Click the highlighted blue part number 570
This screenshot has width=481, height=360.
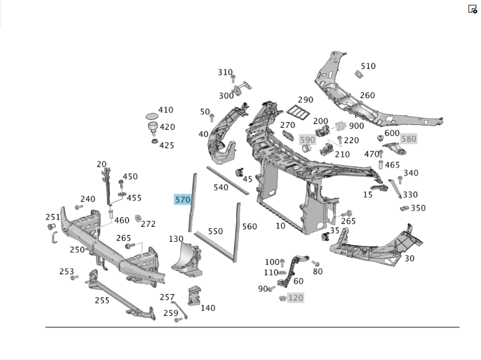(x=183, y=199)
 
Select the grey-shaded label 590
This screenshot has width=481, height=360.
(x=307, y=140)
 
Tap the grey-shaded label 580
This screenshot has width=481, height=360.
(x=408, y=138)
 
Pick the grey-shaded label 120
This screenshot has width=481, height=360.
(x=295, y=298)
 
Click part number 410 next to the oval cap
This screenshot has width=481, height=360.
(x=166, y=110)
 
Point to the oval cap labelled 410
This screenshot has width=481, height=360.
(x=152, y=116)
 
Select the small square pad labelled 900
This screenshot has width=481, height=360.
(x=341, y=126)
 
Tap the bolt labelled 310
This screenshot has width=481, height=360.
(x=233, y=78)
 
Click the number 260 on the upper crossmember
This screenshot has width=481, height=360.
(x=367, y=95)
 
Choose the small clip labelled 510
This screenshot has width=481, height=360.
(x=358, y=74)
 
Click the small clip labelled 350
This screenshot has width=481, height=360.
(x=405, y=208)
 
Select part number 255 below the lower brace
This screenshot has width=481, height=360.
(x=102, y=300)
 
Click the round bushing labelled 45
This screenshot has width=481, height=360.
(x=239, y=173)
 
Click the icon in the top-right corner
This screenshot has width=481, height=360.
(x=472, y=9)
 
